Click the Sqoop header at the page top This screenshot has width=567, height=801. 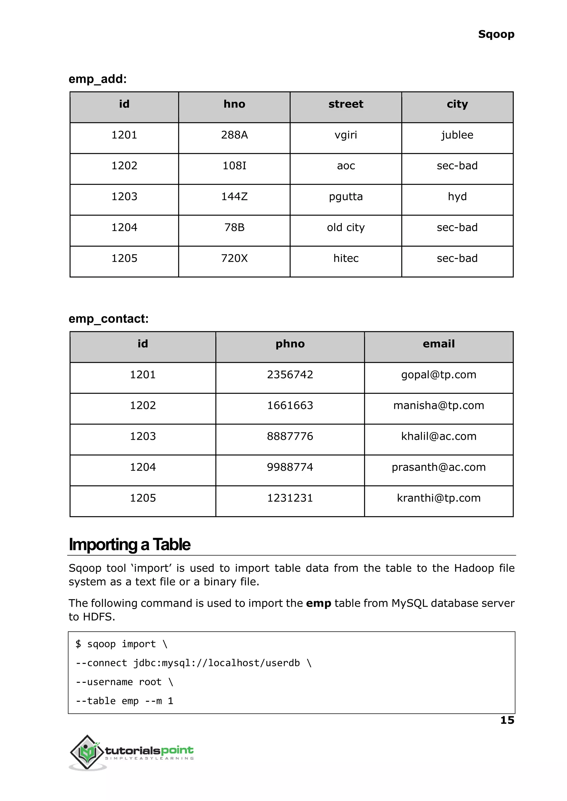pos(496,34)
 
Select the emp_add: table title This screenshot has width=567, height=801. pos(97,79)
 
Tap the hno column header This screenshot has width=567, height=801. pos(234,104)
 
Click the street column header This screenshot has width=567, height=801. pos(346,104)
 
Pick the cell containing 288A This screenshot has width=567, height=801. pos(234,135)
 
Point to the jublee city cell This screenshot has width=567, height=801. pos(457,135)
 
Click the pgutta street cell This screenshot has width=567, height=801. pos(346,197)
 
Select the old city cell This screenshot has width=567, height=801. pos(346,227)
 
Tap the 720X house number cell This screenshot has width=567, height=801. pos(234,258)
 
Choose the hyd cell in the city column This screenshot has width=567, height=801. pos(457,197)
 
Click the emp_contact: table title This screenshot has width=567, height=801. pos(109,319)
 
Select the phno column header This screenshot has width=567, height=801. pos(290,344)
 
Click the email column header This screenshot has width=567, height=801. pos(439,344)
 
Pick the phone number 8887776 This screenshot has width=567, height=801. pos(290,436)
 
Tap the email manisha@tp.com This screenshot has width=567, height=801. pos(439,405)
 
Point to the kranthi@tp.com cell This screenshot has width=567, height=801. pos(439,498)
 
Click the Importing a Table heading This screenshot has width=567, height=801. pos(130,545)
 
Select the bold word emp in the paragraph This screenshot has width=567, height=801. pos(318,603)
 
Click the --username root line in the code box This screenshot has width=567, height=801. pos(124,682)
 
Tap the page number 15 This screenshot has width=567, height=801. pos(507,720)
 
